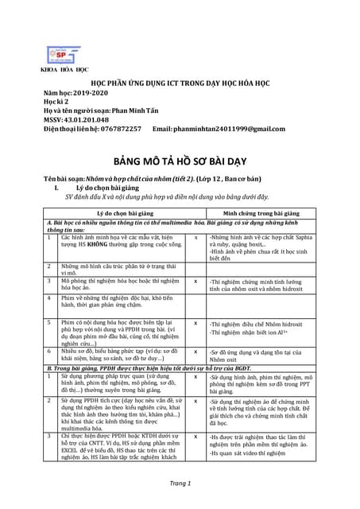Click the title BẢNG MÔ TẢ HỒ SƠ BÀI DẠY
(179, 158)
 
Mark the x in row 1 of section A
(196, 238)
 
